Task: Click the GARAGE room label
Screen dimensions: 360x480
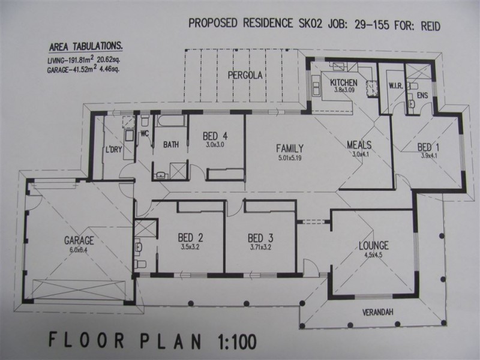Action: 79,240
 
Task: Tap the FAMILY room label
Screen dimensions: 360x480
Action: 289,148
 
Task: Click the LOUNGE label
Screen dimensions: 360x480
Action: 373,245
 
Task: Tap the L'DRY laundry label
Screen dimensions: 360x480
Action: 113,149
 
